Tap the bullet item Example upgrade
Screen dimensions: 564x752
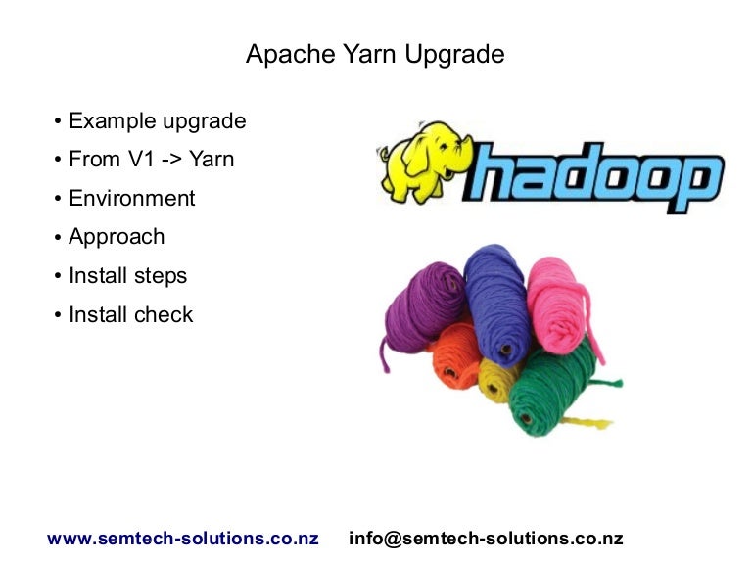(157, 121)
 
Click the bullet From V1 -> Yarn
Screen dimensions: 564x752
(151, 160)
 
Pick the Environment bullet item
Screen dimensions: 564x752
(131, 199)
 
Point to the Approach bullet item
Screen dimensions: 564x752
(117, 237)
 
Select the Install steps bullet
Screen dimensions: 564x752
(127, 276)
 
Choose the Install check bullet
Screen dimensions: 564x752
(130, 315)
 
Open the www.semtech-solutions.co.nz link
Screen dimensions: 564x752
(183, 539)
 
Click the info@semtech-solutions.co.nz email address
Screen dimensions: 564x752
(486, 539)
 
